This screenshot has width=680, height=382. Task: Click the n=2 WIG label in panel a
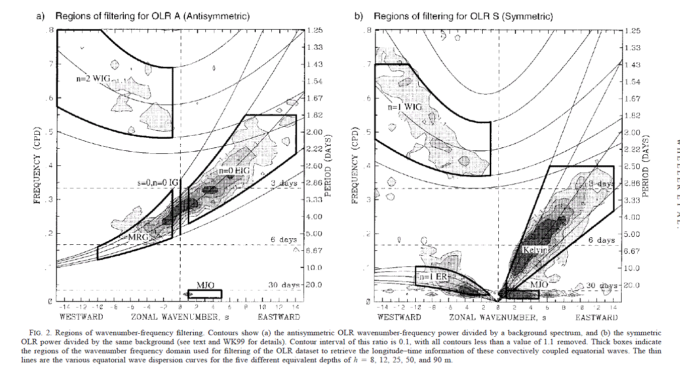(x=92, y=80)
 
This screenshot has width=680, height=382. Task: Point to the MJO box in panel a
(x=205, y=294)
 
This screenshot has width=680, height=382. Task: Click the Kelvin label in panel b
(x=535, y=250)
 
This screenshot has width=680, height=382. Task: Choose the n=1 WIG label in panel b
(x=404, y=107)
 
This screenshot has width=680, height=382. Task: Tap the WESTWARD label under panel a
(x=81, y=317)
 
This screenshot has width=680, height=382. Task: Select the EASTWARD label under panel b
(x=596, y=317)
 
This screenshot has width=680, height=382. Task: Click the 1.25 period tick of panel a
(x=315, y=30)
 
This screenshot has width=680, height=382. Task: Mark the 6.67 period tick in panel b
(x=633, y=251)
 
